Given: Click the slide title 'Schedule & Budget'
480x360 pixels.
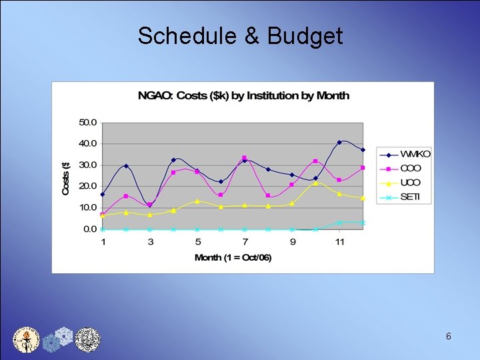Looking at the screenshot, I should tap(240, 36).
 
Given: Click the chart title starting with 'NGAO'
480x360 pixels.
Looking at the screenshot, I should tap(243, 95).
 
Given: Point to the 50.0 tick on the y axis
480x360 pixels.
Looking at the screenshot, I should tap(88, 123).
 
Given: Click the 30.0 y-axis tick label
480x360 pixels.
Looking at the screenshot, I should tap(88, 165).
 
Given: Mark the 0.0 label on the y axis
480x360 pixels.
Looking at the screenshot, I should tap(90, 229).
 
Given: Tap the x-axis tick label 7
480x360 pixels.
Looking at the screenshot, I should tap(245, 241).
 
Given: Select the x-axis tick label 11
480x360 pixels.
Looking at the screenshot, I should tap(339, 241).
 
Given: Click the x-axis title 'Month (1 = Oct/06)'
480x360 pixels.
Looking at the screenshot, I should tap(233, 257).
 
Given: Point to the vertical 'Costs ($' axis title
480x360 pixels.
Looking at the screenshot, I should tap(66, 176).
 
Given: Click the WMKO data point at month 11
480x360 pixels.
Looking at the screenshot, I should tap(339, 142).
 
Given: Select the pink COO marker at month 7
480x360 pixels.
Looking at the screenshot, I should tap(245, 158).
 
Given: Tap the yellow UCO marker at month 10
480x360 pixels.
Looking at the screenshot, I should tap(315, 183).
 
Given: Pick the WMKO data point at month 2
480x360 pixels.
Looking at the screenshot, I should tap(126, 166).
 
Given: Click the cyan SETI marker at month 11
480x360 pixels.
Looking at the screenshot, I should tap(339, 222).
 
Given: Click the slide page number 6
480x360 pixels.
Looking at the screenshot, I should tap(449, 337).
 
